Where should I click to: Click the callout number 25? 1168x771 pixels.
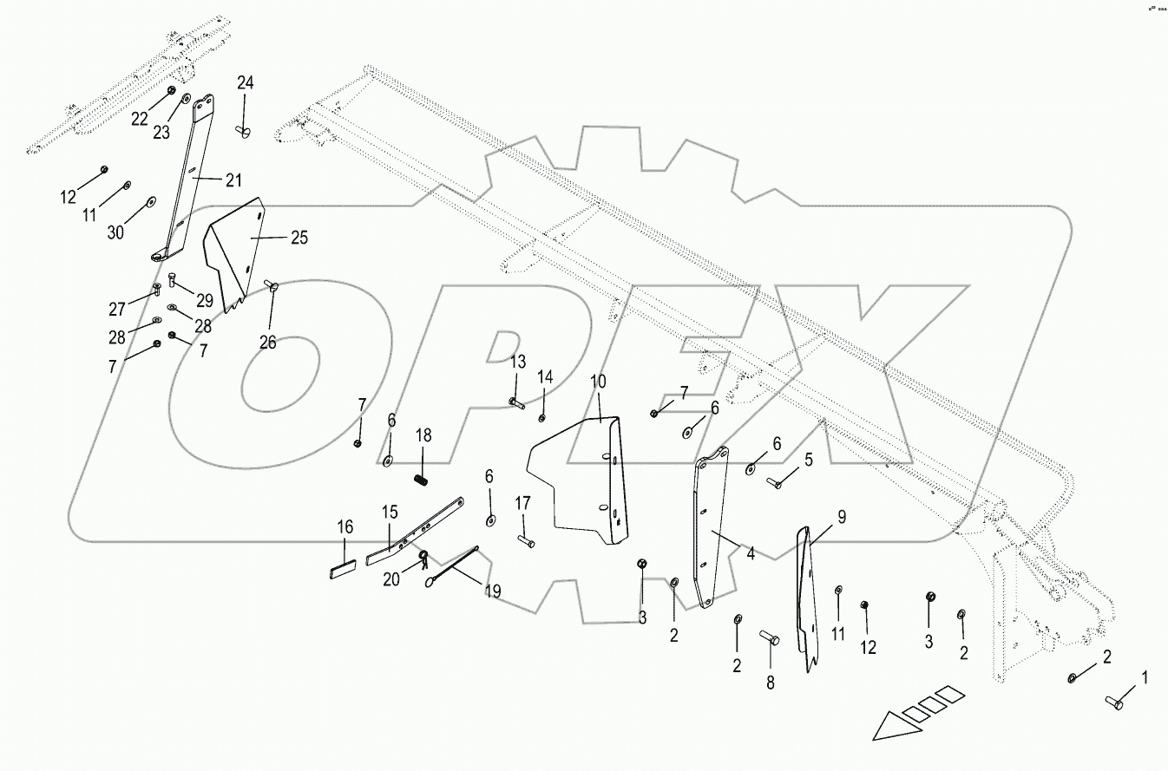pyautogui.click(x=299, y=237)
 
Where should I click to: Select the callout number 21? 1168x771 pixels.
pyautogui.click(x=233, y=180)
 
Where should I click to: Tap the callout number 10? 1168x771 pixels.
pyautogui.click(x=599, y=382)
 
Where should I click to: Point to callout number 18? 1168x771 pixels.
pyautogui.click(x=423, y=435)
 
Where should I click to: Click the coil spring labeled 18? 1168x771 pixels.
pyautogui.click(x=421, y=476)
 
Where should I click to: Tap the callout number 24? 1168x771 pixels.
pyautogui.click(x=246, y=83)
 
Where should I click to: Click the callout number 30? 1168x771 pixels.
pyautogui.click(x=115, y=232)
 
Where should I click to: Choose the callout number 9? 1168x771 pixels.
pyautogui.click(x=841, y=518)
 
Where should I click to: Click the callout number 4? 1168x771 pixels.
pyautogui.click(x=750, y=552)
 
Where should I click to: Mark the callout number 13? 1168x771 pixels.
pyautogui.click(x=517, y=361)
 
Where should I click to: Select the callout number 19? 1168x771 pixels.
pyautogui.click(x=492, y=591)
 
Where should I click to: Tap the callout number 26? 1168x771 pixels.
pyautogui.click(x=267, y=342)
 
